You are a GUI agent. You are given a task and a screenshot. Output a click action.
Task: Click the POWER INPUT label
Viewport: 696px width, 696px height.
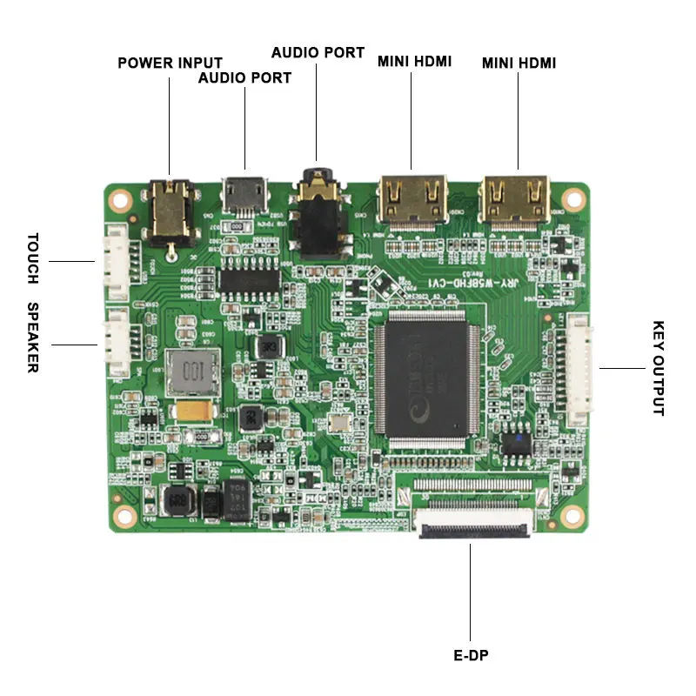click(x=170, y=63)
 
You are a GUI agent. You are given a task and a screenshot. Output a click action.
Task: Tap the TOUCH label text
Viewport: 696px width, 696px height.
click(x=33, y=258)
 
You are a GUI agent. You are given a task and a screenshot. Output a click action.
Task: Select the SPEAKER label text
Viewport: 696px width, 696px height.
click(x=33, y=337)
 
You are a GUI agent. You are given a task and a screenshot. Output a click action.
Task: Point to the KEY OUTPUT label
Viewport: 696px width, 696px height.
click(x=659, y=368)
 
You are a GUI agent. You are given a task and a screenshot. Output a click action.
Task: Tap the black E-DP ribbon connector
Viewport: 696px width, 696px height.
click(x=474, y=525)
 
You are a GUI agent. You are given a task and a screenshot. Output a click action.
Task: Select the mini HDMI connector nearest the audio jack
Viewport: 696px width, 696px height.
click(x=412, y=202)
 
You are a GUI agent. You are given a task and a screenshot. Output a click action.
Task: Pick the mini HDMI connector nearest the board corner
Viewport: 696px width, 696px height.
click(x=518, y=199)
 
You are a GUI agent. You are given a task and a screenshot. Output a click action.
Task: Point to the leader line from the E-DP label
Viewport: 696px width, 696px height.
click(x=471, y=592)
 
